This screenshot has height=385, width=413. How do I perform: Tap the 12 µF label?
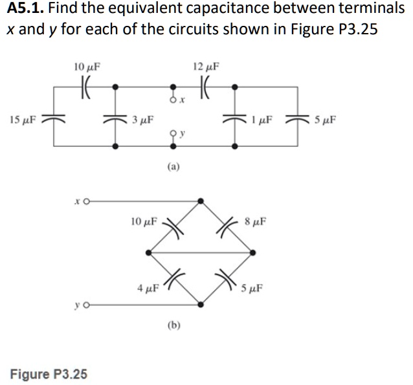(206, 66)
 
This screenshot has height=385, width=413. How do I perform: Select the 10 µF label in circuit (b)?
(144, 221)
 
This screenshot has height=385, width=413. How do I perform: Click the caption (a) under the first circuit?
(173, 166)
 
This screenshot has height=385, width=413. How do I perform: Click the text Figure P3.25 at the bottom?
(49, 374)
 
